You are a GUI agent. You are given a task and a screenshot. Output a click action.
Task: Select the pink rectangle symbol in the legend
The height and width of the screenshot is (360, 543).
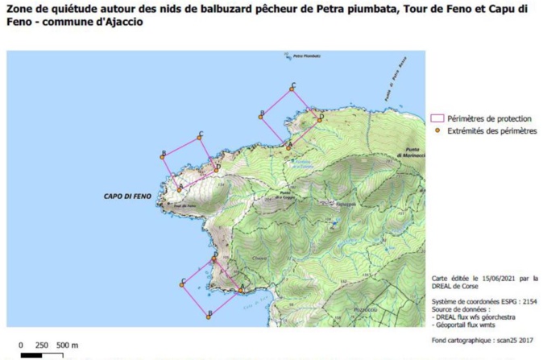(x=438, y=118)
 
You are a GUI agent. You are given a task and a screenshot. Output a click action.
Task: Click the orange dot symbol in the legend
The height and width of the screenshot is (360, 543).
(x=438, y=130)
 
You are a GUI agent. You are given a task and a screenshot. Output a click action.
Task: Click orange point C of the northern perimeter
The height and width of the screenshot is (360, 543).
(x=293, y=89)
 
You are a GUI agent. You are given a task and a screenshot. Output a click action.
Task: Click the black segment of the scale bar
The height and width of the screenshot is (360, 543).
(x=31, y=355)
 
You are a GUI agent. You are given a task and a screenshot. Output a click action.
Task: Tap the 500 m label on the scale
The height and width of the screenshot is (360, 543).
(x=67, y=345)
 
